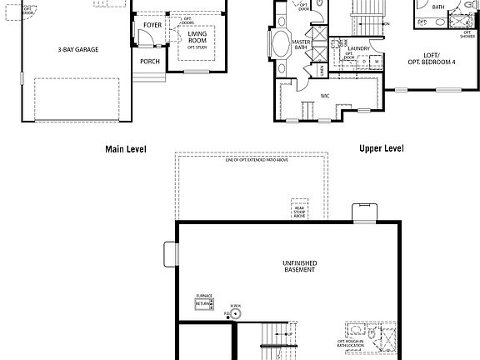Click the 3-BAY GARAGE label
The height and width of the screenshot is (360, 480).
click(x=78, y=50)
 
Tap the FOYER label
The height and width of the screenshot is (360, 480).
click(x=152, y=26)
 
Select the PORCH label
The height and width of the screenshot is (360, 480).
click(x=150, y=61)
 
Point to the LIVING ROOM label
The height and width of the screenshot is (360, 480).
click(x=197, y=37)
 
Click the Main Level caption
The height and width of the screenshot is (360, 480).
click(x=125, y=149)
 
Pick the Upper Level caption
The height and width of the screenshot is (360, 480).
click(x=381, y=148)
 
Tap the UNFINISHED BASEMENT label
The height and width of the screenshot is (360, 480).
click(x=299, y=266)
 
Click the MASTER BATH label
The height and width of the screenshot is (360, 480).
click(x=302, y=44)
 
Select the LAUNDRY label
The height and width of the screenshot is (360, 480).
click(x=359, y=49)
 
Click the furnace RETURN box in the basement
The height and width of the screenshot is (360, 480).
click(x=204, y=304)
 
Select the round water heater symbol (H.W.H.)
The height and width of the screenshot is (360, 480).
click(x=237, y=315)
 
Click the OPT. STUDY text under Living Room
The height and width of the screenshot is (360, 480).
click(x=197, y=47)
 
